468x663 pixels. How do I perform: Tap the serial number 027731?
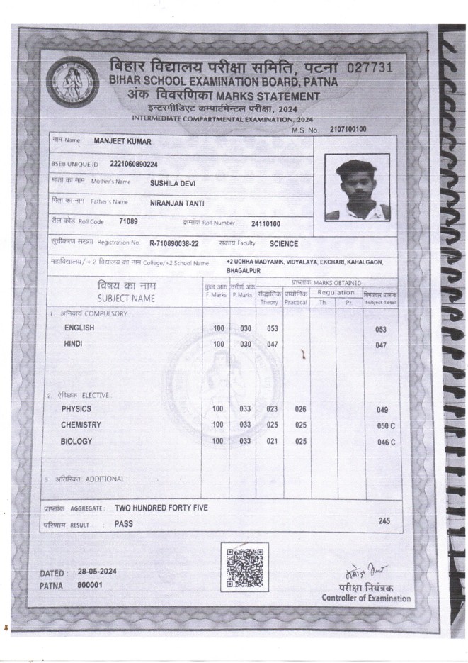pos(370,68)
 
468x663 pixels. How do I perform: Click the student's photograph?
pos(357,188)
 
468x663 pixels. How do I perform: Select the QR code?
pos(244,567)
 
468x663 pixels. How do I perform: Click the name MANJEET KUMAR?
pos(122,141)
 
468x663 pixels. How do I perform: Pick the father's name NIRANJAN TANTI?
pos(177,202)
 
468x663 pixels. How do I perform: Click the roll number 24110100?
pos(266,224)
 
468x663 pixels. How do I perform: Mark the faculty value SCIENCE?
pos(284,244)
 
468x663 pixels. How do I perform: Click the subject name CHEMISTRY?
pos(81,425)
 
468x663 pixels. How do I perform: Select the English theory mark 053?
pos(271,329)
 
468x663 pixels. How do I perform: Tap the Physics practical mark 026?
pos(300,409)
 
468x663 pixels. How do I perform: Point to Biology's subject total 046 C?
pos(386,442)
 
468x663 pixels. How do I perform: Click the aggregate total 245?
pos(384,521)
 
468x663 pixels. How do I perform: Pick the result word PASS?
pos(124,524)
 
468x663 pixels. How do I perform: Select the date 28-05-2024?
pos(97,571)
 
